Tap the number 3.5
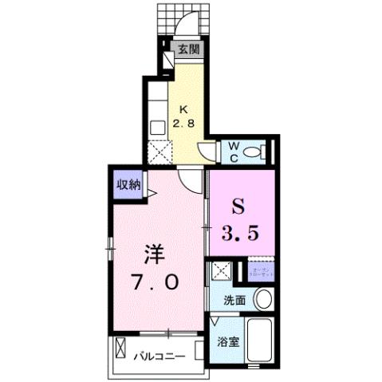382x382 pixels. [x=240, y=234]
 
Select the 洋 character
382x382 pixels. [x=155, y=255]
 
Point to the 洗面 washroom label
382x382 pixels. [x=234, y=300]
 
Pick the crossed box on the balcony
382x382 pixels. [x=120, y=349]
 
